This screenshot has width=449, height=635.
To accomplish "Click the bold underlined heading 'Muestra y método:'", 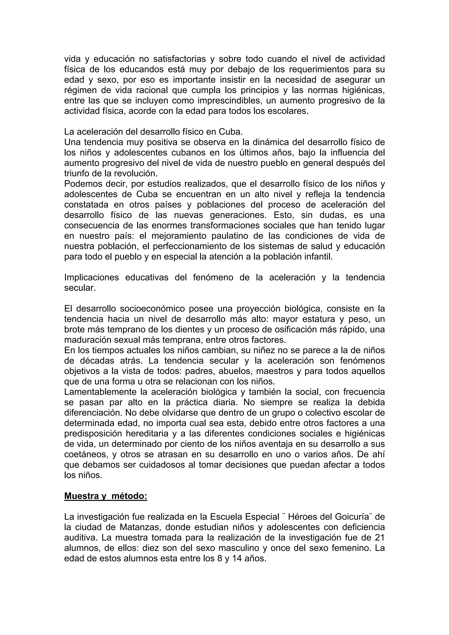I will [x=106, y=496].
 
